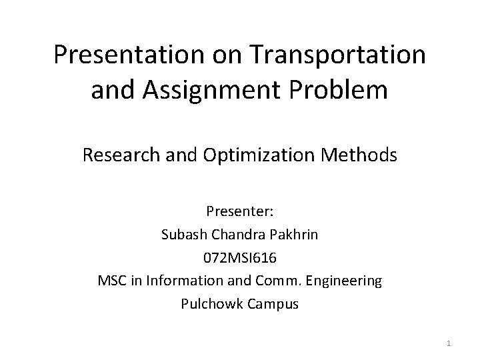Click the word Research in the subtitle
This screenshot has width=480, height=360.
pyautogui.click(x=118, y=156)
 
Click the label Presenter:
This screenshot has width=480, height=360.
pyautogui.click(x=239, y=213)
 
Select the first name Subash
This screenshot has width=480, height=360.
pyautogui.click(x=181, y=236)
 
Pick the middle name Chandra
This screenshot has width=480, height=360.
pyautogui.click(x=235, y=236)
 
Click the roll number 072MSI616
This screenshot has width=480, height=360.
pyautogui.click(x=239, y=259)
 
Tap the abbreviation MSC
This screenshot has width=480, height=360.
pyautogui.click(x=111, y=281)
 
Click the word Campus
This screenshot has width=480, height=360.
pyautogui.click(x=273, y=303)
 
